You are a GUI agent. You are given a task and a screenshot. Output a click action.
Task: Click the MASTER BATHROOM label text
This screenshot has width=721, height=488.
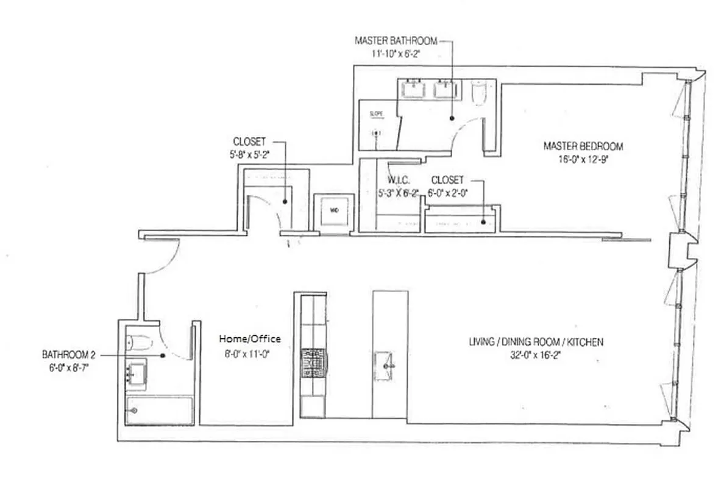(x=396, y=41)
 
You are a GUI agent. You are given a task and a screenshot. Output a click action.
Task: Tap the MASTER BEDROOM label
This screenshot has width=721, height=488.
(x=583, y=146)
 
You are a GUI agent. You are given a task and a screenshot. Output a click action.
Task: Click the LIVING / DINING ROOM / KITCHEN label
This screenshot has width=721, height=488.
(x=536, y=342)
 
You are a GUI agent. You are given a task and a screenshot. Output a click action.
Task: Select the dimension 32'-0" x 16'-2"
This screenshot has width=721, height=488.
(x=536, y=354)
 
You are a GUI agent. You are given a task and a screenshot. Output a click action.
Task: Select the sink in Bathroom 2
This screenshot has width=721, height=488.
(x=137, y=373)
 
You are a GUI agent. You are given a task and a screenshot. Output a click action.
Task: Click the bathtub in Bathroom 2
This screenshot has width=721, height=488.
(x=160, y=411)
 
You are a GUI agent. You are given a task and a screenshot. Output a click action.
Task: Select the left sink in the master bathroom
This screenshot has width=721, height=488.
(x=415, y=90)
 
